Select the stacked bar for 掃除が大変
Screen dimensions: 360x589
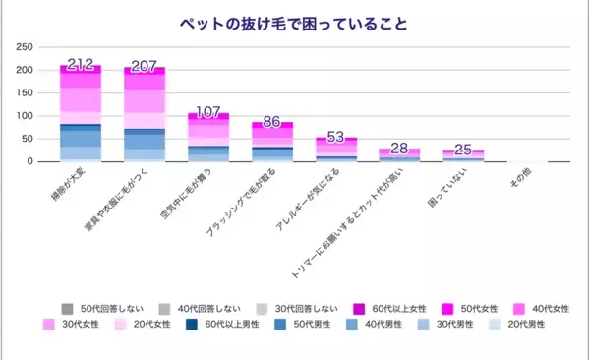[x=81, y=113]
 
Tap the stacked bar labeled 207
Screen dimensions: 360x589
[x=145, y=114]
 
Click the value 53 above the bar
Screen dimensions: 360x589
[x=336, y=137]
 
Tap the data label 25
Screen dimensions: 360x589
[x=463, y=149]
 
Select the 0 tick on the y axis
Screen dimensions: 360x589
[x=31, y=161]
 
